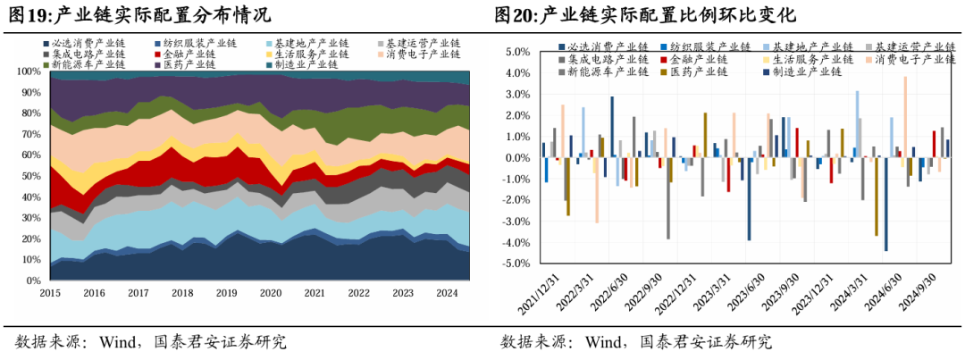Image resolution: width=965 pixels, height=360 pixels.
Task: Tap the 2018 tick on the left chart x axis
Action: (182, 292)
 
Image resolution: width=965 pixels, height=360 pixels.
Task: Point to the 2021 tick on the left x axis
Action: (314, 292)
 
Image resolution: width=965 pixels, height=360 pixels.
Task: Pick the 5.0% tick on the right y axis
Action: (519, 53)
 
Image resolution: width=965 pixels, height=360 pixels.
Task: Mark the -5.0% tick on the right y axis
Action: (517, 264)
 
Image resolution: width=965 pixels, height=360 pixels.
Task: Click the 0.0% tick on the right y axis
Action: (519, 158)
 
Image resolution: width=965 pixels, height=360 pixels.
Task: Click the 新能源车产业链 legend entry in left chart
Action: (88, 64)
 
